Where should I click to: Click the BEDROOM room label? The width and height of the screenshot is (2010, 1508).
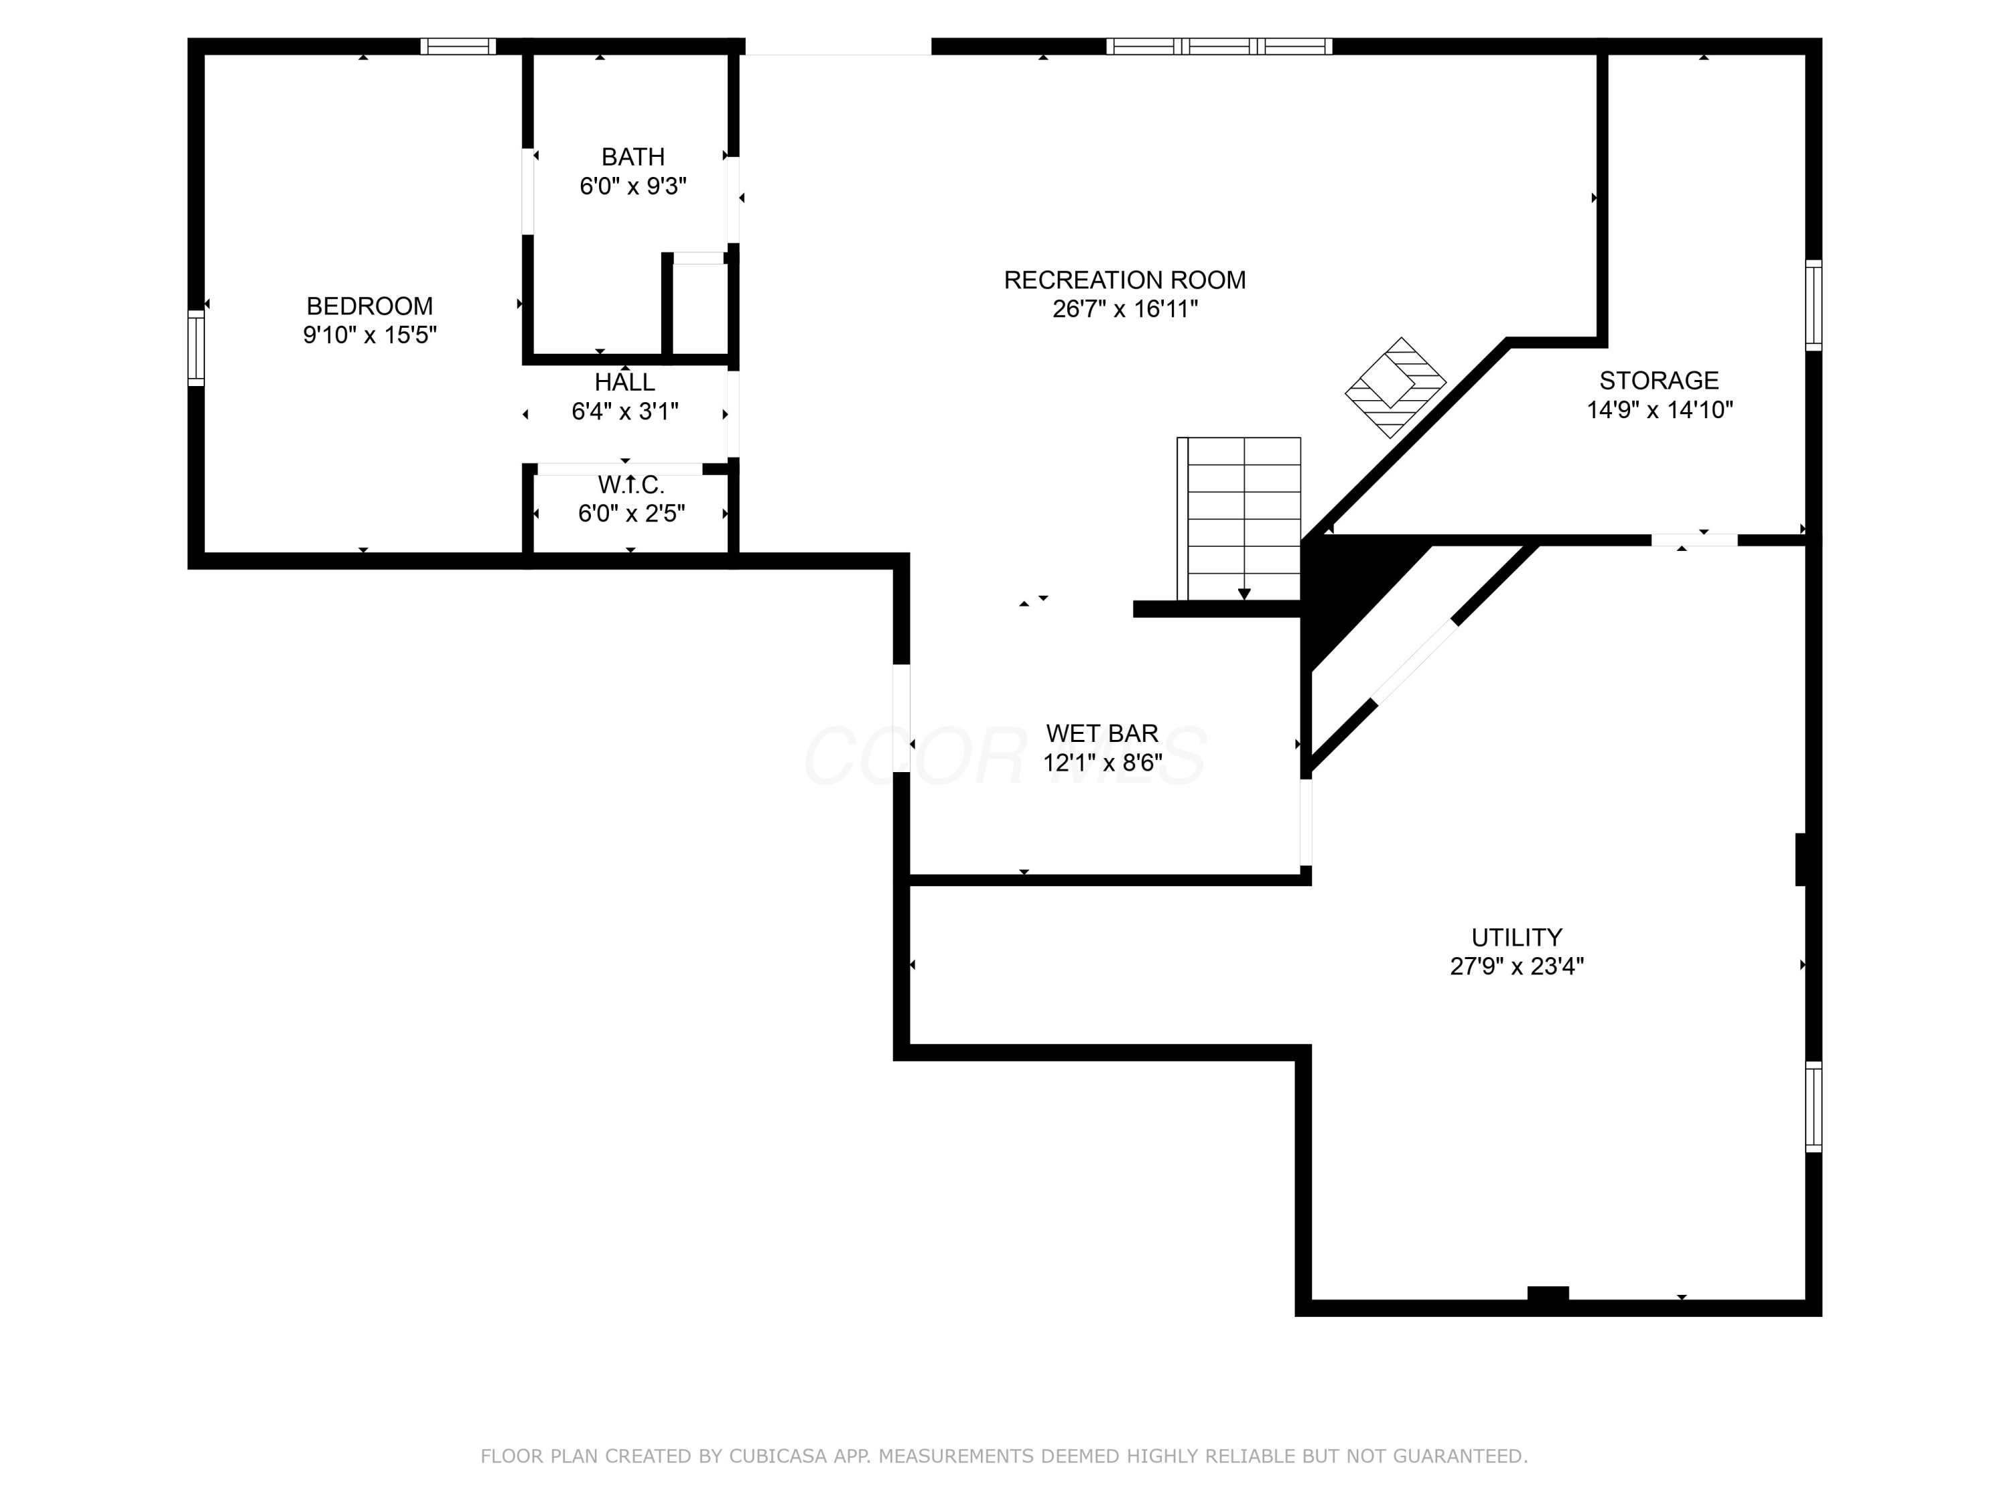tap(369, 306)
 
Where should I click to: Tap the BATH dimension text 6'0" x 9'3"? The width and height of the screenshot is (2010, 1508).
tap(633, 186)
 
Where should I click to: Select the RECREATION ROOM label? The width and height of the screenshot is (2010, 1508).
tap(1124, 280)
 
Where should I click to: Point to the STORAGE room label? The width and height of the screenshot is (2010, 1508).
tap(1659, 380)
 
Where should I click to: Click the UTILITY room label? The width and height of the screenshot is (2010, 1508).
tap(1517, 937)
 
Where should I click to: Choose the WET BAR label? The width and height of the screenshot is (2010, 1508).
tap(1102, 733)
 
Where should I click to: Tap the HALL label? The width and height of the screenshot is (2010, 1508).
tap(625, 382)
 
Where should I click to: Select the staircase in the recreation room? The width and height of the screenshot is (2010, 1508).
tap(1239, 519)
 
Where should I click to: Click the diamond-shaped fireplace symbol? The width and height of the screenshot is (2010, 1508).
tap(1395, 387)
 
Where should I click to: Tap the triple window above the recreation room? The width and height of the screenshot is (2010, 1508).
tap(1219, 46)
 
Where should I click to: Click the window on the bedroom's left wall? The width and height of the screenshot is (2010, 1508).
tap(196, 348)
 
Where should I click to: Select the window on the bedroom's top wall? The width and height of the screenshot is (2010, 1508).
tap(458, 46)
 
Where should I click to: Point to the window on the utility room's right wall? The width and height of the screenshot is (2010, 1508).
tap(1814, 1107)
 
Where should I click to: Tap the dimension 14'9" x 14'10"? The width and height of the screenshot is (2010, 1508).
tap(1659, 410)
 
